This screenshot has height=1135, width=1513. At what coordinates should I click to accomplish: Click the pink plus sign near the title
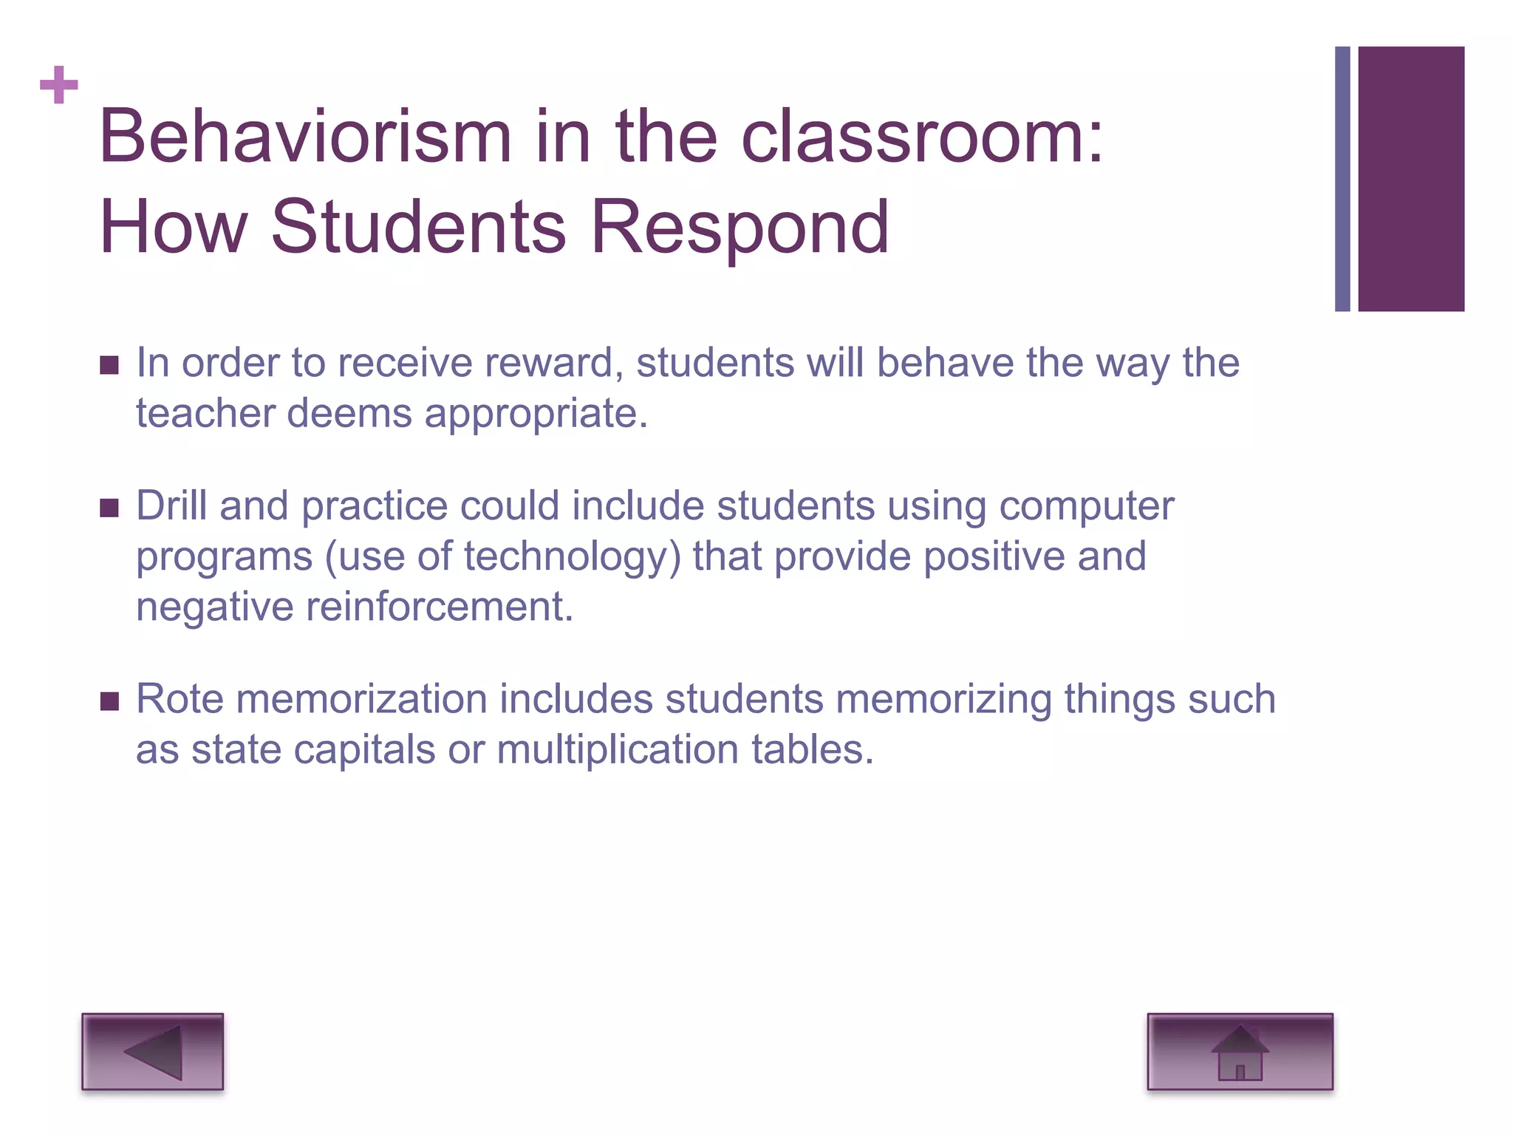pyautogui.click(x=59, y=85)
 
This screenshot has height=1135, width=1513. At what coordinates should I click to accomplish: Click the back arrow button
pyautogui.click(x=152, y=1052)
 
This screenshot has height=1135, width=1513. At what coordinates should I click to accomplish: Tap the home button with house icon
pyautogui.click(x=1240, y=1052)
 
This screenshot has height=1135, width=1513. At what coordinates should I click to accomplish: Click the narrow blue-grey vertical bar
pyautogui.click(x=1342, y=179)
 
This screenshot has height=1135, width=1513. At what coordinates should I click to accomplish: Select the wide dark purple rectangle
pyautogui.click(x=1411, y=179)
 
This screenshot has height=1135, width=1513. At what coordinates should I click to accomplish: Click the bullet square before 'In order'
pyautogui.click(x=109, y=365)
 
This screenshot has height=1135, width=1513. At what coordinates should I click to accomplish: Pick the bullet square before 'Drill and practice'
pyautogui.click(x=109, y=508)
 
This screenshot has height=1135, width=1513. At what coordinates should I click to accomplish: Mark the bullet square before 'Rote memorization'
pyautogui.click(x=109, y=701)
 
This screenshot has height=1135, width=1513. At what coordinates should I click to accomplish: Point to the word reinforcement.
pyautogui.click(x=440, y=607)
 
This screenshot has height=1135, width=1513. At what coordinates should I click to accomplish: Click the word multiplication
pyautogui.click(x=618, y=749)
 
